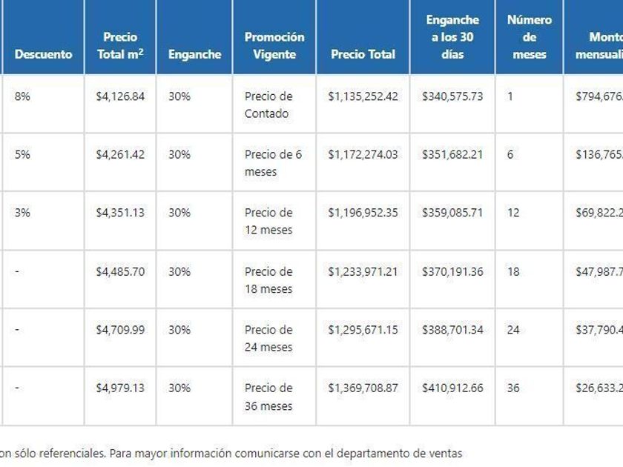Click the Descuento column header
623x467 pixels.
pos(43,54)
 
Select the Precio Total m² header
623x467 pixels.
pos(120,45)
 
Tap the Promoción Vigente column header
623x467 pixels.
pos(274,45)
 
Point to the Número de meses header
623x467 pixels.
pos(530,37)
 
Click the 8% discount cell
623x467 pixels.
pos(22,96)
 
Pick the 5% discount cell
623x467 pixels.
pos(22,154)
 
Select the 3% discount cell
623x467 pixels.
pos(22,213)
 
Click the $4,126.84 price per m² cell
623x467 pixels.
pos(120,96)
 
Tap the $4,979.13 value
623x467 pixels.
pos(120,388)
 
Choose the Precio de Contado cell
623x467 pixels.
pos(268,105)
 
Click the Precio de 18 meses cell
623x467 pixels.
pos(268,280)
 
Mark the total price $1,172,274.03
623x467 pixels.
pos(363,154)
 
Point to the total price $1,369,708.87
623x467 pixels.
pos(363,388)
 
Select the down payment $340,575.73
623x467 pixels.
pos(452,96)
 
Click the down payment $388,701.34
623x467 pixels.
pos(452,330)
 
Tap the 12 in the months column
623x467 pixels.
pos(513,213)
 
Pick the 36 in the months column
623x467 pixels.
pos(513,388)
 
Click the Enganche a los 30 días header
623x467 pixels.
pos(452,37)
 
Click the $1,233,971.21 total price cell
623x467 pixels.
pos(363,271)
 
